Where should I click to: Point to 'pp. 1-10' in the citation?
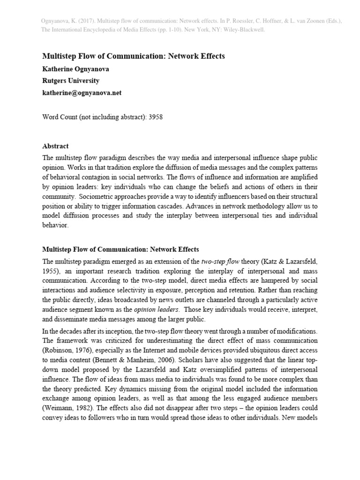pyautogui.click(x=188, y=30)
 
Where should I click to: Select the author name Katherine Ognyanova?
pyautogui.click(x=76, y=68)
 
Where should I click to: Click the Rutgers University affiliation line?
pyautogui.click(x=71, y=81)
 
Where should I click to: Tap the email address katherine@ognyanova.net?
pyautogui.click(x=82, y=93)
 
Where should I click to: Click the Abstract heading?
pyautogui.click(x=55, y=146)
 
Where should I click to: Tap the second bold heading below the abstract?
pyautogui.click(x=121, y=249)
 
